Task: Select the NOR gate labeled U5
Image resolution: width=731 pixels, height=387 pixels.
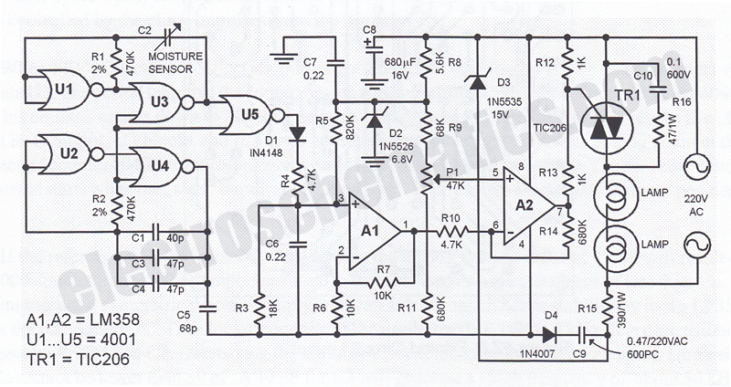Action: pos(248,115)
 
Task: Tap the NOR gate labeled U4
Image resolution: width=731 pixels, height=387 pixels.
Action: pos(158,166)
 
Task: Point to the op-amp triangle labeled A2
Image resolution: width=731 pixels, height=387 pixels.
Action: pos(528,205)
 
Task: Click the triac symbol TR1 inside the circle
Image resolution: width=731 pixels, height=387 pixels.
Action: pos(606,127)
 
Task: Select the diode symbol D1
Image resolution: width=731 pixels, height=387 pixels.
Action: pos(297,133)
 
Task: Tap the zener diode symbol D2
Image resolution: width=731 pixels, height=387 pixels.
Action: pos(375,120)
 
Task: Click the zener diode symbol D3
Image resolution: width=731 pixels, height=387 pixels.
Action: pos(478,82)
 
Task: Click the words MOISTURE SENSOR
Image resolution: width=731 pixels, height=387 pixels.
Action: pos(175,63)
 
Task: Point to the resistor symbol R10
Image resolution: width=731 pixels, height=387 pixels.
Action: pos(451,231)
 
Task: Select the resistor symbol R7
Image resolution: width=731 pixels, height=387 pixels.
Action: pos(382,282)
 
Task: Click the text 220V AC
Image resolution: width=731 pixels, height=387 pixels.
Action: pos(696,205)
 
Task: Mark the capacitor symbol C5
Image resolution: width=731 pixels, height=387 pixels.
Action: pos(207,308)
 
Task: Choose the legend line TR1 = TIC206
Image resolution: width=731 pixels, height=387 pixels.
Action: pos(78,359)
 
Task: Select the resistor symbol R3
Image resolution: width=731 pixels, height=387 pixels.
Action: pos(260,309)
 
